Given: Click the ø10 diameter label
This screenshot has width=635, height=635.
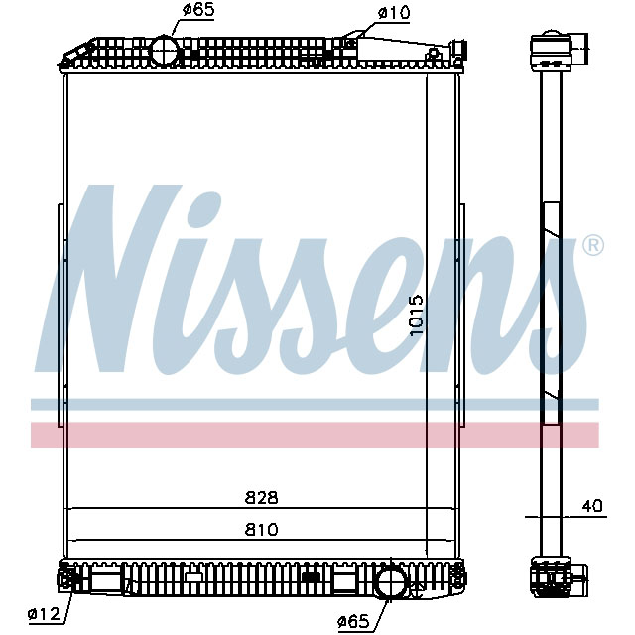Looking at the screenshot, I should tap(395, 13).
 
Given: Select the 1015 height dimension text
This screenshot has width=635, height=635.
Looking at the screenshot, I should tap(417, 316).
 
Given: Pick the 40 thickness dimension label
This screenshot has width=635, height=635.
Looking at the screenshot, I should tap(592, 506).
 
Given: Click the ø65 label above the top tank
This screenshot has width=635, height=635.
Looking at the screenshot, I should tap(197, 12).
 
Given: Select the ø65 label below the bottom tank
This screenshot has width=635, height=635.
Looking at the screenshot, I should tap(354, 621).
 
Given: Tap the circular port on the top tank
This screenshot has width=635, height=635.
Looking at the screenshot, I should tap(162, 50).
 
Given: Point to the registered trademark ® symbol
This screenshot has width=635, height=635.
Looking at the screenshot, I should tap(591, 245).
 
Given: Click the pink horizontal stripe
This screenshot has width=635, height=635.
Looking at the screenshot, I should tap(317, 435).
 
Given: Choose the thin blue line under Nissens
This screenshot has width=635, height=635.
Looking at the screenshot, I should tap(317, 404).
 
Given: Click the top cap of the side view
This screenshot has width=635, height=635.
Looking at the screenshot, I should tap(554, 47).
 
